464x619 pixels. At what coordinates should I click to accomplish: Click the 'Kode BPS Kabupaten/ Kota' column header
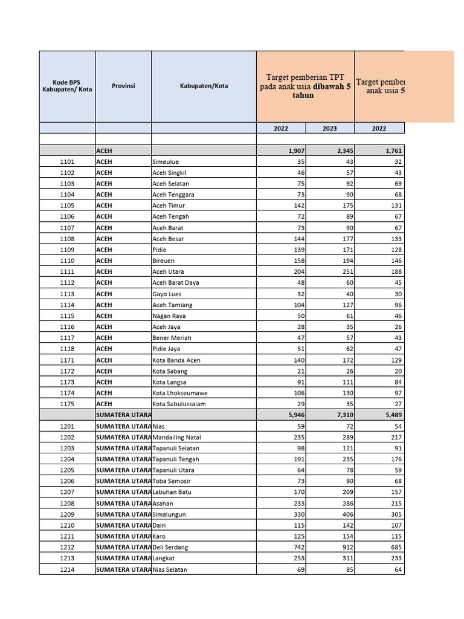[x=67, y=86]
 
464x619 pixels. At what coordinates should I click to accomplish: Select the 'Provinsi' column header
[x=123, y=86]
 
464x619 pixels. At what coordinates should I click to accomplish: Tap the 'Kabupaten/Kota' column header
[x=204, y=86]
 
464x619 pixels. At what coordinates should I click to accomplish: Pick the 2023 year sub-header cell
[x=330, y=128]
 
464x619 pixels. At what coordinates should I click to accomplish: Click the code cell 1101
[x=67, y=162]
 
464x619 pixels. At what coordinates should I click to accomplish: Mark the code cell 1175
[x=67, y=404]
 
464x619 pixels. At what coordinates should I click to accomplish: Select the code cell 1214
[x=67, y=569]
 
